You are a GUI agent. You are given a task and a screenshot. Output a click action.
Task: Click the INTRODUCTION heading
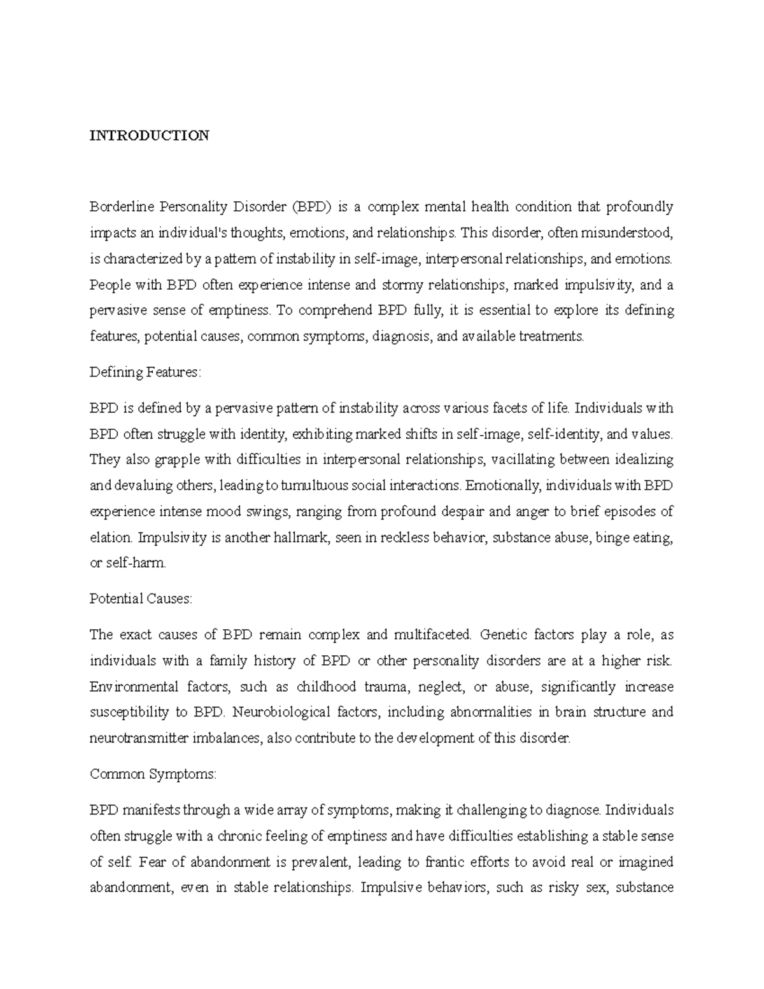pos(149,136)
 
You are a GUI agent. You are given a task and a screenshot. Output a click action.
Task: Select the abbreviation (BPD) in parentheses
pos(311,207)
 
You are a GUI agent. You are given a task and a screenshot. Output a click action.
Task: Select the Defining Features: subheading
pos(145,373)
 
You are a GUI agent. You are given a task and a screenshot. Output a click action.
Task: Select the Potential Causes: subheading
pos(141,599)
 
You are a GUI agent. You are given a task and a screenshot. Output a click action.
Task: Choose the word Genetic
pos(503,635)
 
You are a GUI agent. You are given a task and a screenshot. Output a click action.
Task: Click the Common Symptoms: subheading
pos(153,774)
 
